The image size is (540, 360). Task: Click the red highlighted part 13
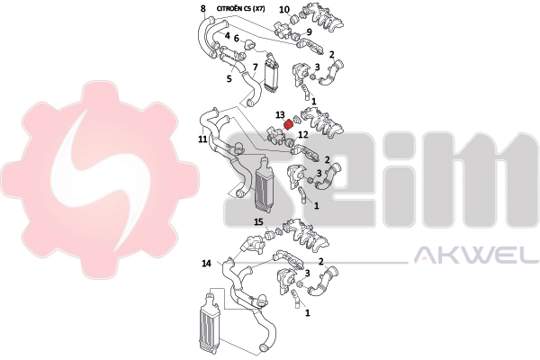[x=288, y=124]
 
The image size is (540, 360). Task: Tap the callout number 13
[x=280, y=114]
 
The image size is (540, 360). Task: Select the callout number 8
[x=203, y=9]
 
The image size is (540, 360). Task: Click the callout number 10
[x=284, y=9]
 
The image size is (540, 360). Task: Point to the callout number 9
[x=310, y=32]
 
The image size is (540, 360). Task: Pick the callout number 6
[x=236, y=39]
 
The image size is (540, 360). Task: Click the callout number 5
[x=229, y=78]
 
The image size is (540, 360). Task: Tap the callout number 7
[x=255, y=67]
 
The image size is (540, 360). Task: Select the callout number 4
[x=228, y=35]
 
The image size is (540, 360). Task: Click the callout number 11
[x=202, y=139]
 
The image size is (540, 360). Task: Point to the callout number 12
[x=303, y=134]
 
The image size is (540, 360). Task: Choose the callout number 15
[x=258, y=222]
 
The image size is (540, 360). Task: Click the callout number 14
[x=206, y=264]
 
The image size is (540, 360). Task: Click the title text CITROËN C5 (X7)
[x=240, y=9]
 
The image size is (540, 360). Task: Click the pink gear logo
[x=100, y=179]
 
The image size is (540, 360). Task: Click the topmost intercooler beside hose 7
[x=271, y=76]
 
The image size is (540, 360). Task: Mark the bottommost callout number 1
[x=308, y=313]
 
